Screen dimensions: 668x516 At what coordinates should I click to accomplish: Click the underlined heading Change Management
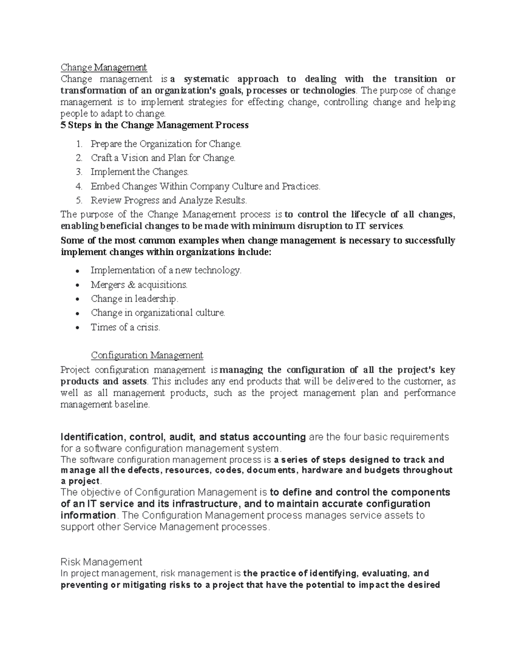coord(104,68)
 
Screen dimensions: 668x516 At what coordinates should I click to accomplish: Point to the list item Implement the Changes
coord(139,172)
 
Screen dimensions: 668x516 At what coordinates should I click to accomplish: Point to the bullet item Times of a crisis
coord(125,327)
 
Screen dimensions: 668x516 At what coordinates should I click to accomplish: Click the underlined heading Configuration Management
coord(147,356)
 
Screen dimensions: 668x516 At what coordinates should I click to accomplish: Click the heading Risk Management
coord(101,562)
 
